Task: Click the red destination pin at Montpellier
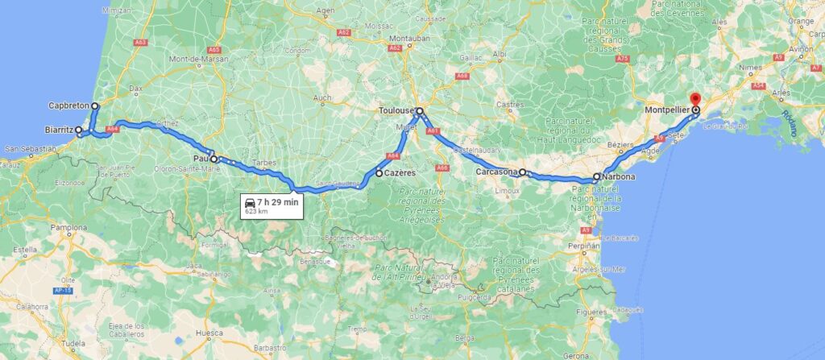695,101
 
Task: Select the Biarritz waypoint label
59,129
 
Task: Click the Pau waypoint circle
214,159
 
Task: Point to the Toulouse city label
396,111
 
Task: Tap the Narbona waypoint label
618,176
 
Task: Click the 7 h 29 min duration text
279,202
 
